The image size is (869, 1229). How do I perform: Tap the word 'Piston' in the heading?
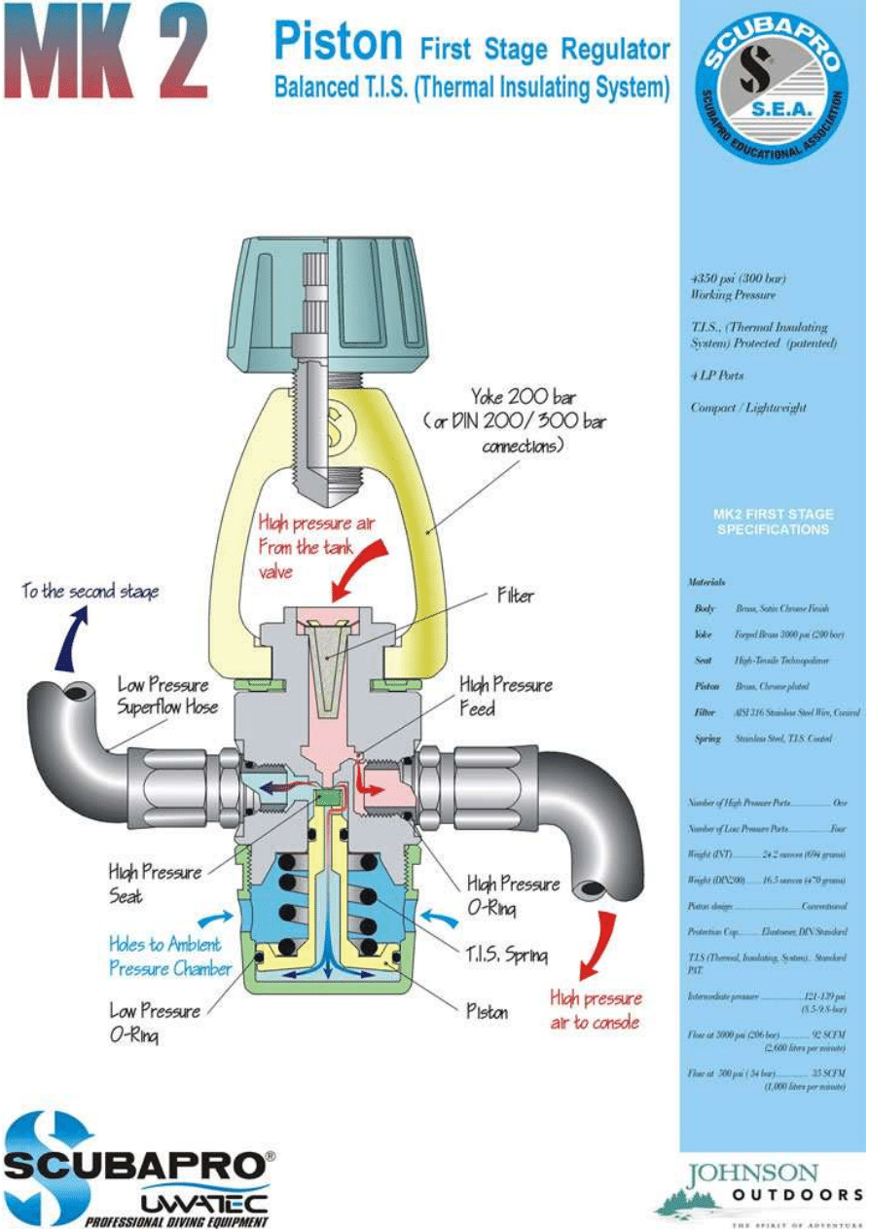338,43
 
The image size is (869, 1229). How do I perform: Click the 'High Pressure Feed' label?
505,697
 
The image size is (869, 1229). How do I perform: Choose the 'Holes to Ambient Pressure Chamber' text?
169,956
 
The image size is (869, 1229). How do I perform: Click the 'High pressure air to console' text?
596,1010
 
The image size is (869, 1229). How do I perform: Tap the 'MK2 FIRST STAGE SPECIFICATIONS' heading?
773,522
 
